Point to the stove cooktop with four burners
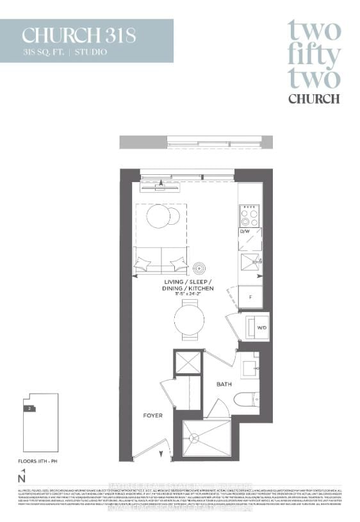pos(249,214)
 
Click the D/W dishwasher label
pos(244,231)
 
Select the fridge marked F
pos(249,297)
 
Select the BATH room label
pos(224,385)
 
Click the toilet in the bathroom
pos(246,400)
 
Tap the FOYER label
pos(152,416)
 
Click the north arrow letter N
pos(22,478)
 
